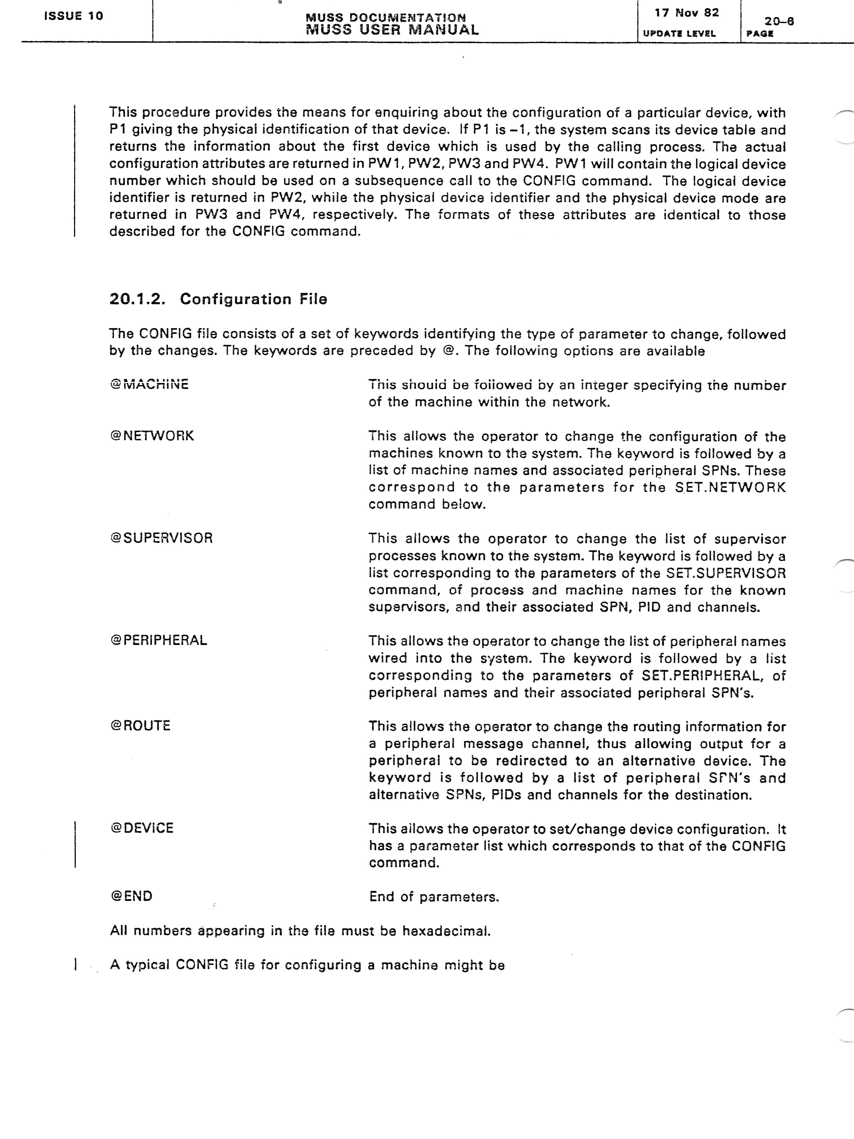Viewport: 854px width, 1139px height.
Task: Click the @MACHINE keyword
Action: pos(149,384)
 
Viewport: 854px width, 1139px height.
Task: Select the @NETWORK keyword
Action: pos(152,436)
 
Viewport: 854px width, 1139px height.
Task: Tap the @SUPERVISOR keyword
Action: pos(161,538)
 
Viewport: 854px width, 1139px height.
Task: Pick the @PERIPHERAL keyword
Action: pos(159,640)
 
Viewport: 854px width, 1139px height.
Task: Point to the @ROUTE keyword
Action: pos(140,725)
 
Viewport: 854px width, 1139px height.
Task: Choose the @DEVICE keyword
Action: pos(142,828)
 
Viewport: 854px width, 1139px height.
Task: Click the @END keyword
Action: pos(131,896)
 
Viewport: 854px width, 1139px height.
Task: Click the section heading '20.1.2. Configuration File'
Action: pos(218,299)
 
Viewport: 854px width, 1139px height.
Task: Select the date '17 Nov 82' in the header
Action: pos(687,13)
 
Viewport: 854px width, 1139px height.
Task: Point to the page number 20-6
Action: pos(779,21)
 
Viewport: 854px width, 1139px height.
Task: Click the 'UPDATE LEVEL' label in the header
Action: pos(679,33)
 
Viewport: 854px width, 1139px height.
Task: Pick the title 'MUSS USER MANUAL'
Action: pos(392,30)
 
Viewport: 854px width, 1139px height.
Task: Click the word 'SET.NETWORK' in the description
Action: pos(730,487)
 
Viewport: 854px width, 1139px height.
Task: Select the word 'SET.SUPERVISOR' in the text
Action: pos(726,573)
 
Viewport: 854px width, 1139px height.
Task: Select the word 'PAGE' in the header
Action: pos(760,33)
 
